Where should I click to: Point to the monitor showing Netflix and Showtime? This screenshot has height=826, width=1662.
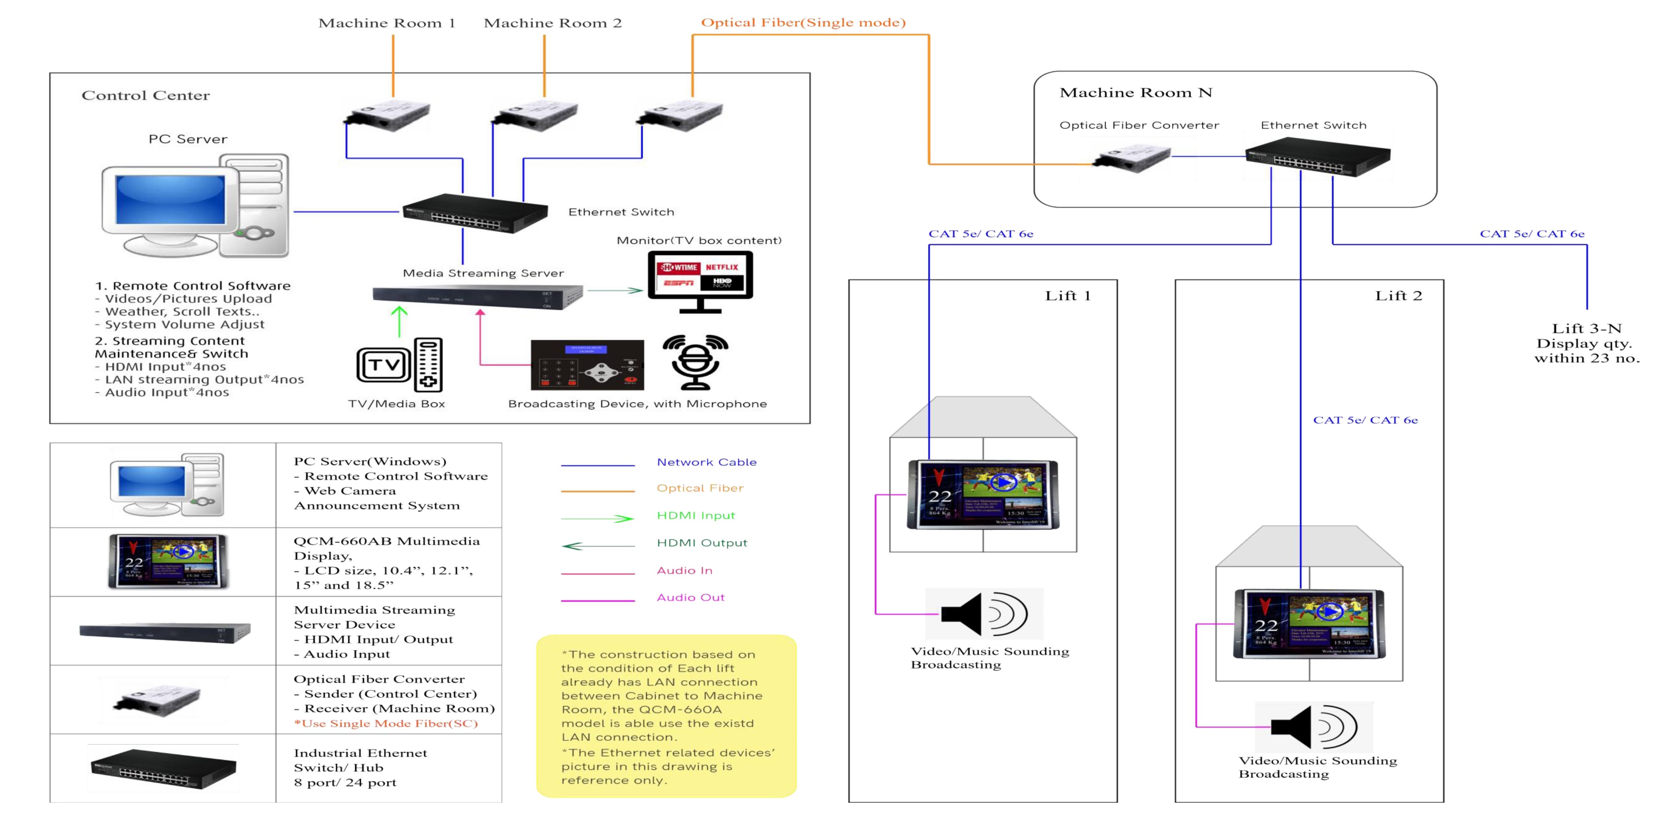[x=700, y=276]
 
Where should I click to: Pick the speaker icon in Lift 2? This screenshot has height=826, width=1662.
[x=1313, y=727]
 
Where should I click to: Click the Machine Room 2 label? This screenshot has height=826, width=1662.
[x=552, y=23]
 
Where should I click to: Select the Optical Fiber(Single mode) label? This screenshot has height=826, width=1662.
[x=803, y=22]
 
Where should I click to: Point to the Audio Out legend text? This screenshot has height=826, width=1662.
[x=690, y=598]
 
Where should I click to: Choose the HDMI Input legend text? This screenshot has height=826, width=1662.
[x=696, y=516]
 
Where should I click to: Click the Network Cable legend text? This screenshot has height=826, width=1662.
[x=706, y=462]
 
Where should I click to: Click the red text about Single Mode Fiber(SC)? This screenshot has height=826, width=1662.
[x=386, y=723]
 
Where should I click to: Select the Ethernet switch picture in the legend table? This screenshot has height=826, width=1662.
[x=163, y=768]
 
